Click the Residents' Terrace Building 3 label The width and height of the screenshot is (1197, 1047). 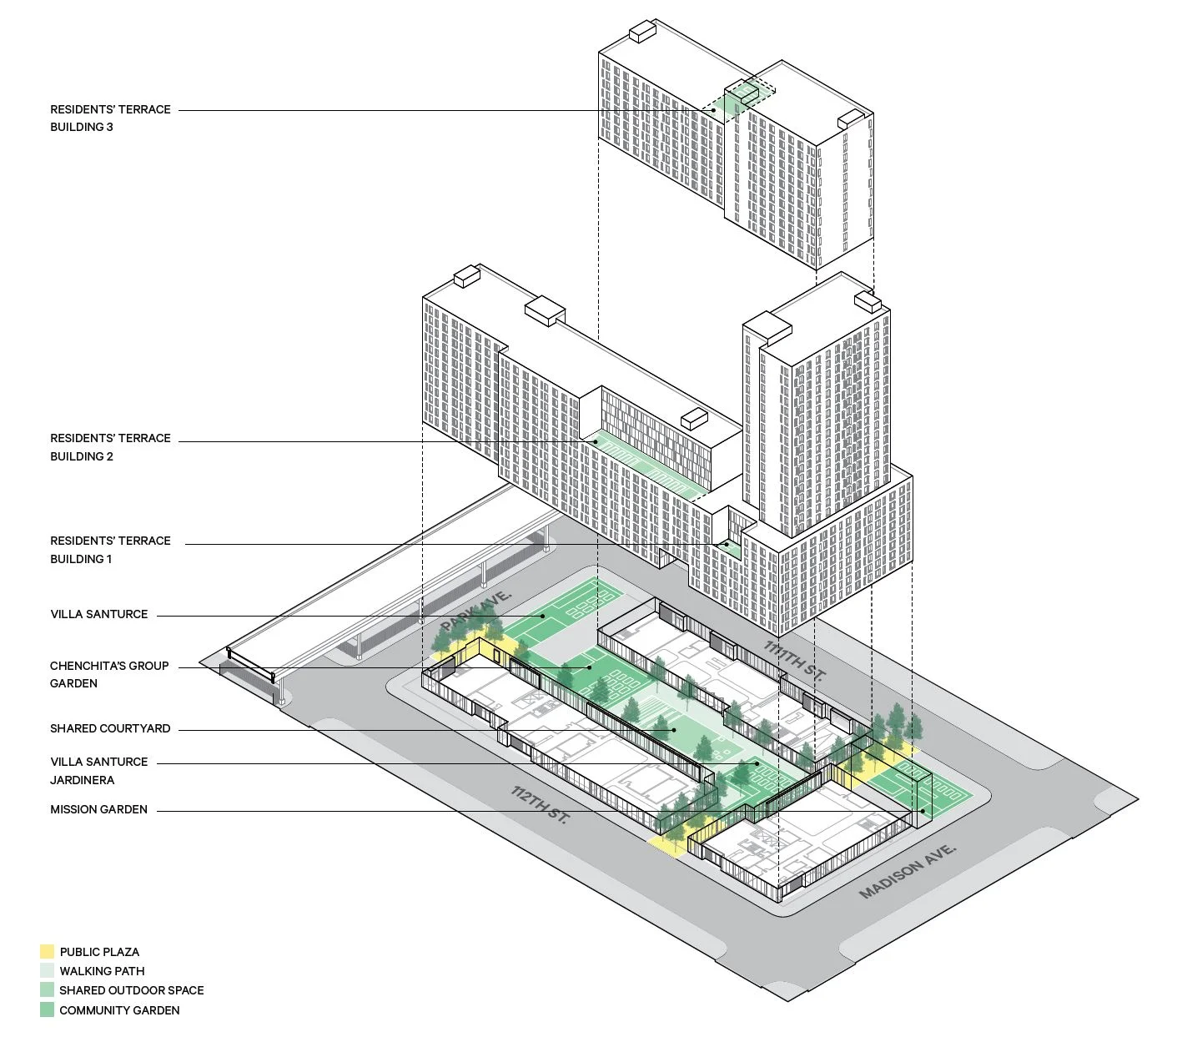tap(110, 118)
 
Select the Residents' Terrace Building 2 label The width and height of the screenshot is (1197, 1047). tap(110, 447)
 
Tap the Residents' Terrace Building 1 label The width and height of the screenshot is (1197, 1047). tap(110, 550)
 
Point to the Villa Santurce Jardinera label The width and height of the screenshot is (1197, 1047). tap(98, 771)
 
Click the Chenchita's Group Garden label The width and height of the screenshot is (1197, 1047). tap(109, 674)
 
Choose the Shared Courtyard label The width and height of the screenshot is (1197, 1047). tap(110, 728)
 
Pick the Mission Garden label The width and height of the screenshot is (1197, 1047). tap(98, 809)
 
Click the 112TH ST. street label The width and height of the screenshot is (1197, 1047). tap(540, 805)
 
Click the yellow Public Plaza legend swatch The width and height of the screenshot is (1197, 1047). tap(47, 952)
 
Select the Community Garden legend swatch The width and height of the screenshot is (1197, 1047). tap(47, 1010)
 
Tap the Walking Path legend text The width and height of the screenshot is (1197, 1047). tap(102, 971)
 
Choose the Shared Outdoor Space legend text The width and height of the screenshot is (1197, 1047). tap(131, 990)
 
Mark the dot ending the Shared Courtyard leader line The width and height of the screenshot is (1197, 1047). tap(674, 730)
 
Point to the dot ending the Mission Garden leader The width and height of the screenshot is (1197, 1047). tap(923, 811)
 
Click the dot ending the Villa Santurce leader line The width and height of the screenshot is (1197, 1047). tap(542, 617)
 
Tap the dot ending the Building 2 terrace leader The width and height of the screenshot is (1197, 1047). tap(596, 441)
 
